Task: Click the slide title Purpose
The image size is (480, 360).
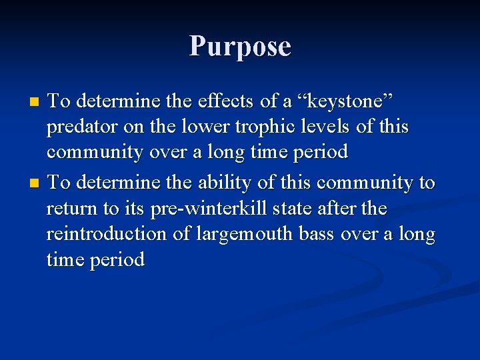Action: [x=240, y=47]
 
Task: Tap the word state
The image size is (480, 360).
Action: [x=300, y=209]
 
